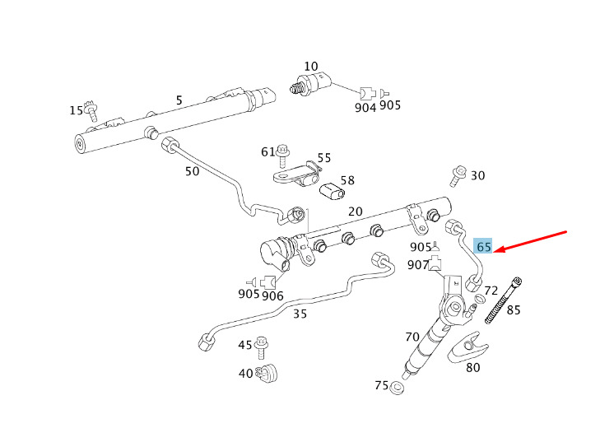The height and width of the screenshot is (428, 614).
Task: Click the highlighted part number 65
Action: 483,246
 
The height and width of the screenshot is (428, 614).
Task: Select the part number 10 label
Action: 310,66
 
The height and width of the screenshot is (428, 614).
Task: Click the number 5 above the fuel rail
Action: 179,101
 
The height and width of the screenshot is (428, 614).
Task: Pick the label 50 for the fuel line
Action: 192,171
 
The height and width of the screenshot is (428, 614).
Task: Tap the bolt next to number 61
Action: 283,152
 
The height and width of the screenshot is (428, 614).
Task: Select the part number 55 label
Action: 324,157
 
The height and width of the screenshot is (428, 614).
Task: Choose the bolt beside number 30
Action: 457,174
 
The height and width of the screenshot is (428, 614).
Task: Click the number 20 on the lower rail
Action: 356,212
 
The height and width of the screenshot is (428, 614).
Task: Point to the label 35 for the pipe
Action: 300,313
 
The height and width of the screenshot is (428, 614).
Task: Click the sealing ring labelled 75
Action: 398,387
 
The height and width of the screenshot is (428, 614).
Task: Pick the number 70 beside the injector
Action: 412,336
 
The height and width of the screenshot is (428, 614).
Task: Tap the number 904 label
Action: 365,108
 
